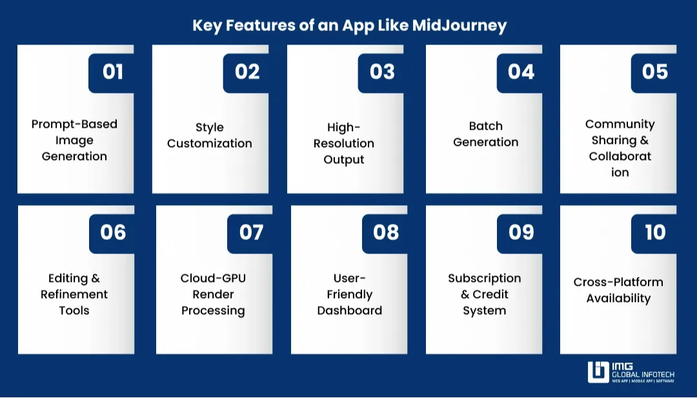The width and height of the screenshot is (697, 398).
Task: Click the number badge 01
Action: click(112, 72)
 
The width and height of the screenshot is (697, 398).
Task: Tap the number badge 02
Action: click(247, 72)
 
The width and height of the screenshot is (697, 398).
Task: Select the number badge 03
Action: click(381, 72)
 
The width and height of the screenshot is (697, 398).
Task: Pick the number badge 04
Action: click(520, 72)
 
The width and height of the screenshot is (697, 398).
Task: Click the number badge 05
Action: click(654, 72)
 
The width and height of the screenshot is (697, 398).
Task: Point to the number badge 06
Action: click(113, 232)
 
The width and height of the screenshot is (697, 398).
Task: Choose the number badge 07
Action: click(251, 232)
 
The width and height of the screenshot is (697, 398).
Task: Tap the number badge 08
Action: click(385, 232)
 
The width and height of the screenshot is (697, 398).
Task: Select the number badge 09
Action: click(521, 232)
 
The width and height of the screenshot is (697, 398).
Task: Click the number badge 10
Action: click(654, 232)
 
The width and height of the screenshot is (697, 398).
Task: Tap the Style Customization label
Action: click(209, 135)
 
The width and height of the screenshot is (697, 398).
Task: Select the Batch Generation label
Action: click(485, 134)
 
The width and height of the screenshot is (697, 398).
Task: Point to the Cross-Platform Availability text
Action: click(618, 290)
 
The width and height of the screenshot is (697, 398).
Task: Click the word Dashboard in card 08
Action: click(349, 310)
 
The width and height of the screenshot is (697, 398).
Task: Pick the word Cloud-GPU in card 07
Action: click(213, 278)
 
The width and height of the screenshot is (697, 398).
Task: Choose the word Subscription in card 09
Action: click(484, 278)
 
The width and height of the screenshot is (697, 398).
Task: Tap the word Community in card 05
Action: click(620, 124)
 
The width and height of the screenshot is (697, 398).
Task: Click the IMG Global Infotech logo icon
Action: click(598, 372)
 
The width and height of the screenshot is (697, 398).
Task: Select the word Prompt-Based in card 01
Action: click(74, 124)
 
